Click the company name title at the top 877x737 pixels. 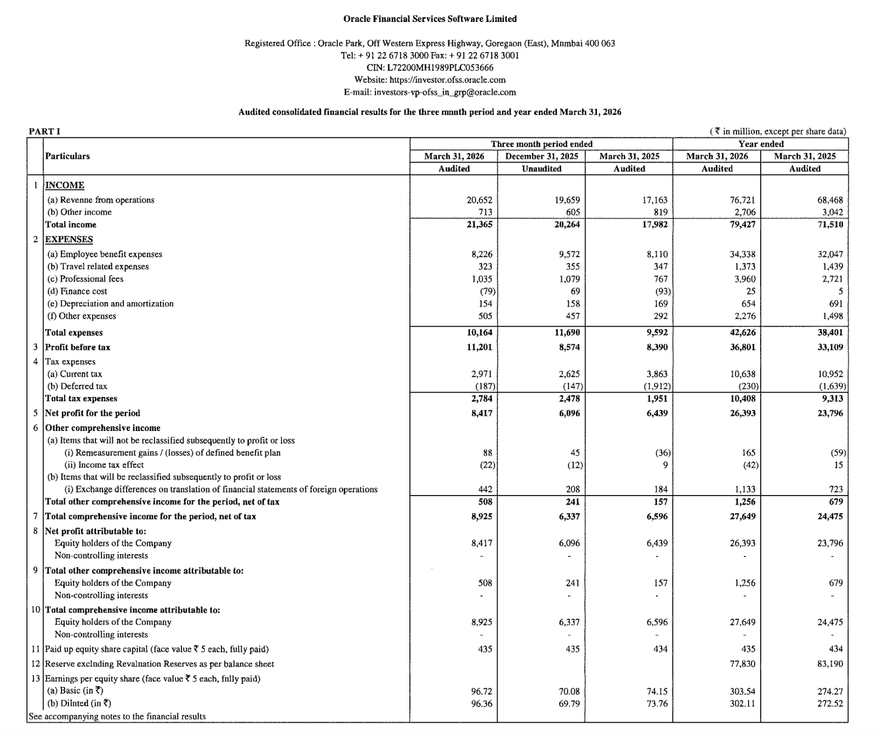[430, 19]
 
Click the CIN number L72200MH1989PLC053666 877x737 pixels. [440, 68]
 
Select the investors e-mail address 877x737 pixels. [445, 93]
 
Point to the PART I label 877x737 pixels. [44, 131]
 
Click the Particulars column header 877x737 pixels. [67, 156]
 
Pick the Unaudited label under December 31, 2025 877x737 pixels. [542, 169]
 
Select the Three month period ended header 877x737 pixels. [542, 144]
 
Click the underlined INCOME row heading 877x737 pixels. [65, 185]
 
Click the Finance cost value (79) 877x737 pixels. [488, 291]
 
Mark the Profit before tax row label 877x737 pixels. [78, 347]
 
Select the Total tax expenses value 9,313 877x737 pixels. [832, 399]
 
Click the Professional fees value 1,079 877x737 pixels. [568, 279]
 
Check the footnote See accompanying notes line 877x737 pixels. [117, 716]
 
